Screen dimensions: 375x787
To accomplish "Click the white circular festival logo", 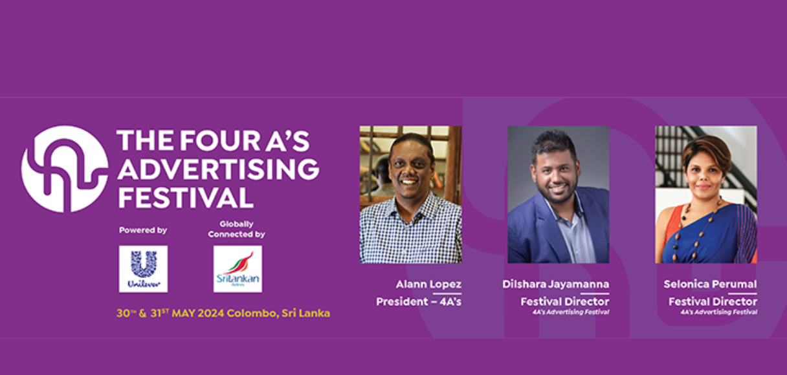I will [x=65, y=169].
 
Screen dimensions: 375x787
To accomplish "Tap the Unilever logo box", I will [x=143, y=268].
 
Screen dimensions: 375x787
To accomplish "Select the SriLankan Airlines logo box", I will [x=238, y=268].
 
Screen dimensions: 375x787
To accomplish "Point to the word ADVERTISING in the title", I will [x=218, y=169].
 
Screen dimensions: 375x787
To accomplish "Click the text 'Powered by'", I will [x=143, y=230].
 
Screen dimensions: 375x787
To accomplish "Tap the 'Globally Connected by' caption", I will [x=236, y=230].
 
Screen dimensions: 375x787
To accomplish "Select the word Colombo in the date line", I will [x=252, y=314].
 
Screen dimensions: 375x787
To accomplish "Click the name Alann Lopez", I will [x=428, y=284].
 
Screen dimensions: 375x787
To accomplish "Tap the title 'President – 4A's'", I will [x=419, y=301].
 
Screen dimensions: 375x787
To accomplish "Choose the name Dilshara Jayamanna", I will [x=555, y=284].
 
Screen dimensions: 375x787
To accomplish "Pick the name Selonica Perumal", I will [x=710, y=284].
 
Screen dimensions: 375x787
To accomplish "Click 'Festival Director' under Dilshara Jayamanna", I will [x=564, y=301].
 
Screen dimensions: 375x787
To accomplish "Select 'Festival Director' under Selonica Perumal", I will [x=713, y=301].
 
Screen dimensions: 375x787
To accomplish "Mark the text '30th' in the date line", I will [x=124, y=314].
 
